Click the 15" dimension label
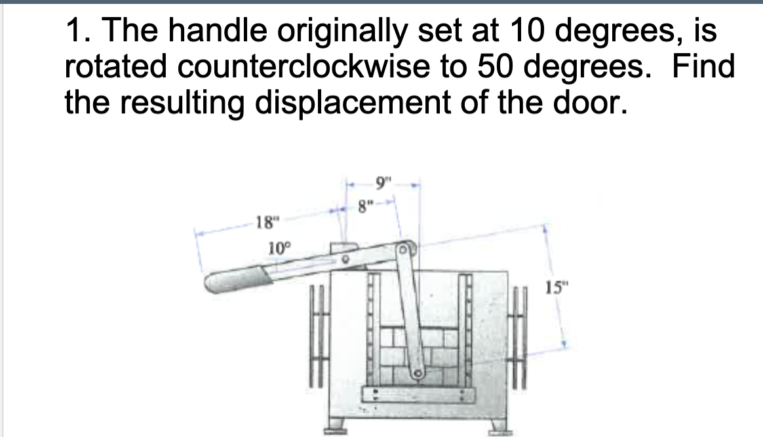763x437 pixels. click(554, 286)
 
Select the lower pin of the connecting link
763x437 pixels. click(416, 375)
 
